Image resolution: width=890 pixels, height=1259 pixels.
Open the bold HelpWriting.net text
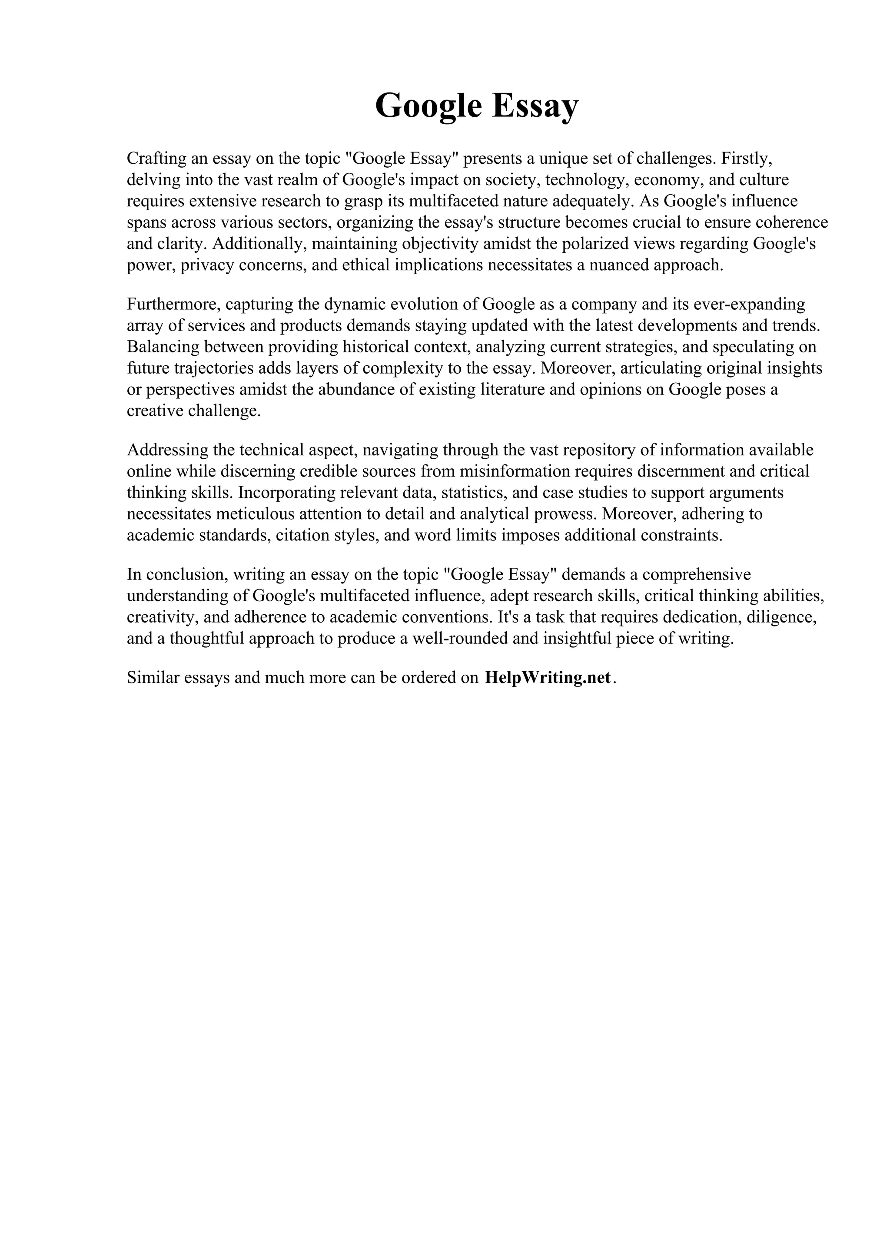click(548, 678)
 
